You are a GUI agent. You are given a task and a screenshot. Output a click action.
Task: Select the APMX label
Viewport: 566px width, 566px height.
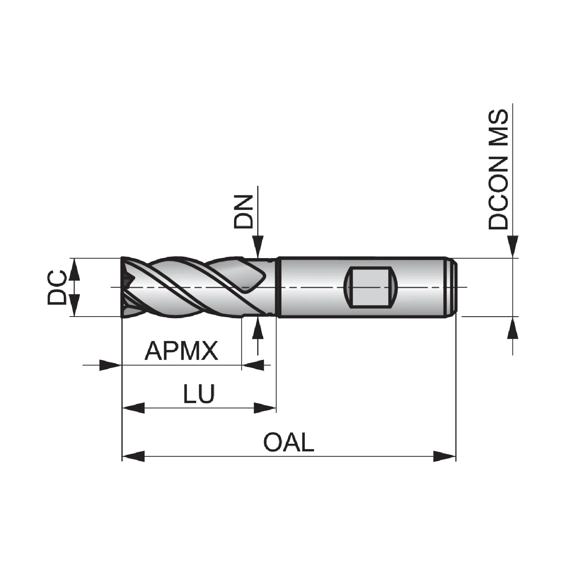pyautogui.click(x=181, y=351)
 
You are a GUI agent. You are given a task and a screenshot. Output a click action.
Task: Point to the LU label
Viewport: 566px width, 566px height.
pyautogui.click(x=199, y=394)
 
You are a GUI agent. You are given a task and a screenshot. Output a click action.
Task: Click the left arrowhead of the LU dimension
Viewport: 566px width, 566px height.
pyautogui.click(x=134, y=408)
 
